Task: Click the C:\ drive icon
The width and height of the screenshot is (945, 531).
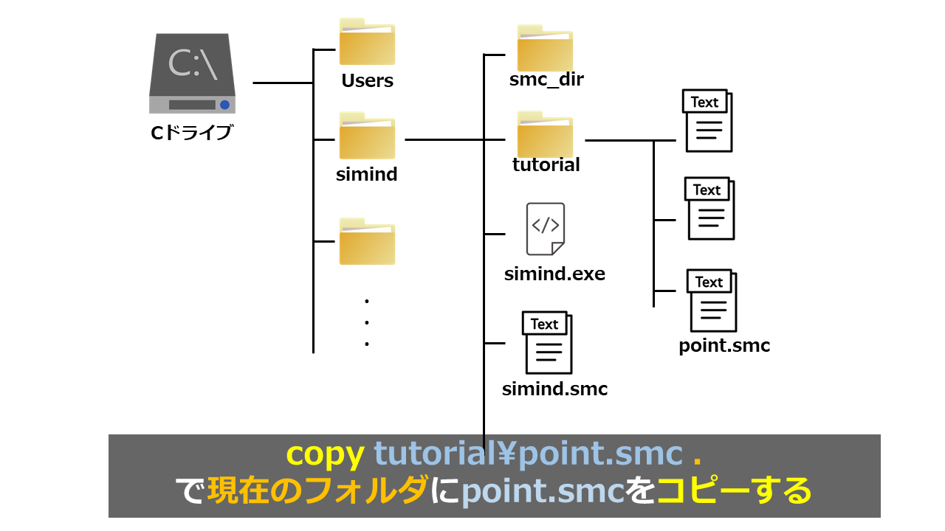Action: click(x=192, y=73)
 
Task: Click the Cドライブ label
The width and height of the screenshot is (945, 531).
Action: click(x=191, y=133)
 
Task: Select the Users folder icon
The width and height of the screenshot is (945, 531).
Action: click(x=367, y=43)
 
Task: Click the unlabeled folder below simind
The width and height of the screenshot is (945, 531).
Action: click(x=367, y=242)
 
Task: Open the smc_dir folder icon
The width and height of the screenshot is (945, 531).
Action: click(x=545, y=49)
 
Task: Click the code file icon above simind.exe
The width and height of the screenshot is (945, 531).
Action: click(x=546, y=229)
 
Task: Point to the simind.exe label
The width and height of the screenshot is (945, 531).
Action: click(x=554, y=274)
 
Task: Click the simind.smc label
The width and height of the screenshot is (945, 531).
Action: click(x=554, y=389)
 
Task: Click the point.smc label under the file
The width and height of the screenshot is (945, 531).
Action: click(x=724, y=345)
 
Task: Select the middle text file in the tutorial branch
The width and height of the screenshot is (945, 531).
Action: click(x=711, y=209)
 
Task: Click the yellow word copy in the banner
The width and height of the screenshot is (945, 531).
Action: click(x=325, y=454)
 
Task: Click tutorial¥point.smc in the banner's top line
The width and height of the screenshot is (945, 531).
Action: click(x=528, y=454)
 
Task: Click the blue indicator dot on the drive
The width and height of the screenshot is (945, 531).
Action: click(x=224, y=105)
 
